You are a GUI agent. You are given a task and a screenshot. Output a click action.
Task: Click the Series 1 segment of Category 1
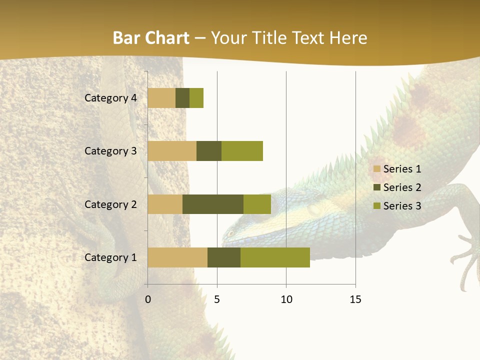(177, 257)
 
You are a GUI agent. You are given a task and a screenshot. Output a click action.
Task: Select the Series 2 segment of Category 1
(224, 257)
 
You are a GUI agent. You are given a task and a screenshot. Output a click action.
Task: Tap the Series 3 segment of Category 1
(275, 257)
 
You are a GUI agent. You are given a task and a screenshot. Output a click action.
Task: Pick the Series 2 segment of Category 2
(213, 204)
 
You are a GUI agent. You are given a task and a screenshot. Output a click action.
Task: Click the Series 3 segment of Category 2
(257, 204)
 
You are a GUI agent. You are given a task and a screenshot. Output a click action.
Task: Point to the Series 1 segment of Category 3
(172, 151)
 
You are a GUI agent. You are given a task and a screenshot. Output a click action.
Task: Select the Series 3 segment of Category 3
(242, 151)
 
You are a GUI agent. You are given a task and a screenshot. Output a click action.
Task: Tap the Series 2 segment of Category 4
(182, 98)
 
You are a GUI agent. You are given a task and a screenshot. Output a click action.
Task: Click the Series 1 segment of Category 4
(161, 98)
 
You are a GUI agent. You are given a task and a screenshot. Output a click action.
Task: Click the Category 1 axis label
(110, 257)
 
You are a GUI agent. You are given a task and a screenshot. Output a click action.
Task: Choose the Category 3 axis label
(110, 151)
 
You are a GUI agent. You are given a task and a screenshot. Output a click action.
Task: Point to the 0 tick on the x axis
(148, 299)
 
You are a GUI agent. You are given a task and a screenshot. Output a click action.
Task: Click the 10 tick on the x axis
(286, 299)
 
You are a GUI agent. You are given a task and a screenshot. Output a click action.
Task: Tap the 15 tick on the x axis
(355, 299)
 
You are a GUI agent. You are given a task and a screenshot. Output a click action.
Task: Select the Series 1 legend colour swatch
(377, 169)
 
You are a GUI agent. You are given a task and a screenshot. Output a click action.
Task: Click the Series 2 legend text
(402, 187)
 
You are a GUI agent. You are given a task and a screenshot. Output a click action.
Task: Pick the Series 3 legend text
(402, 206)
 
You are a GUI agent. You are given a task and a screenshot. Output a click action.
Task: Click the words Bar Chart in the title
(151, 38)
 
